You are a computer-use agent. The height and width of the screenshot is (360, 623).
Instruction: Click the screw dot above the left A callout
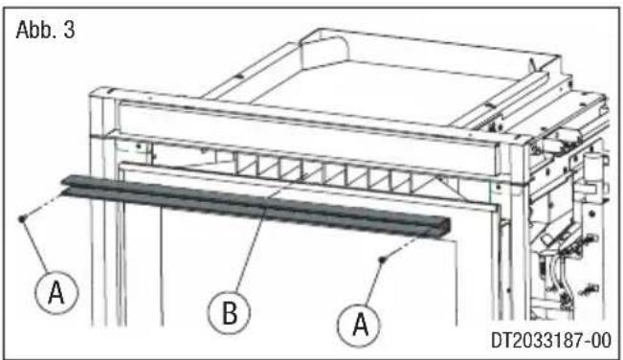coord(21,218)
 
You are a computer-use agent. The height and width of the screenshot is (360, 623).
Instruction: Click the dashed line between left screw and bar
coord(43,206)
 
